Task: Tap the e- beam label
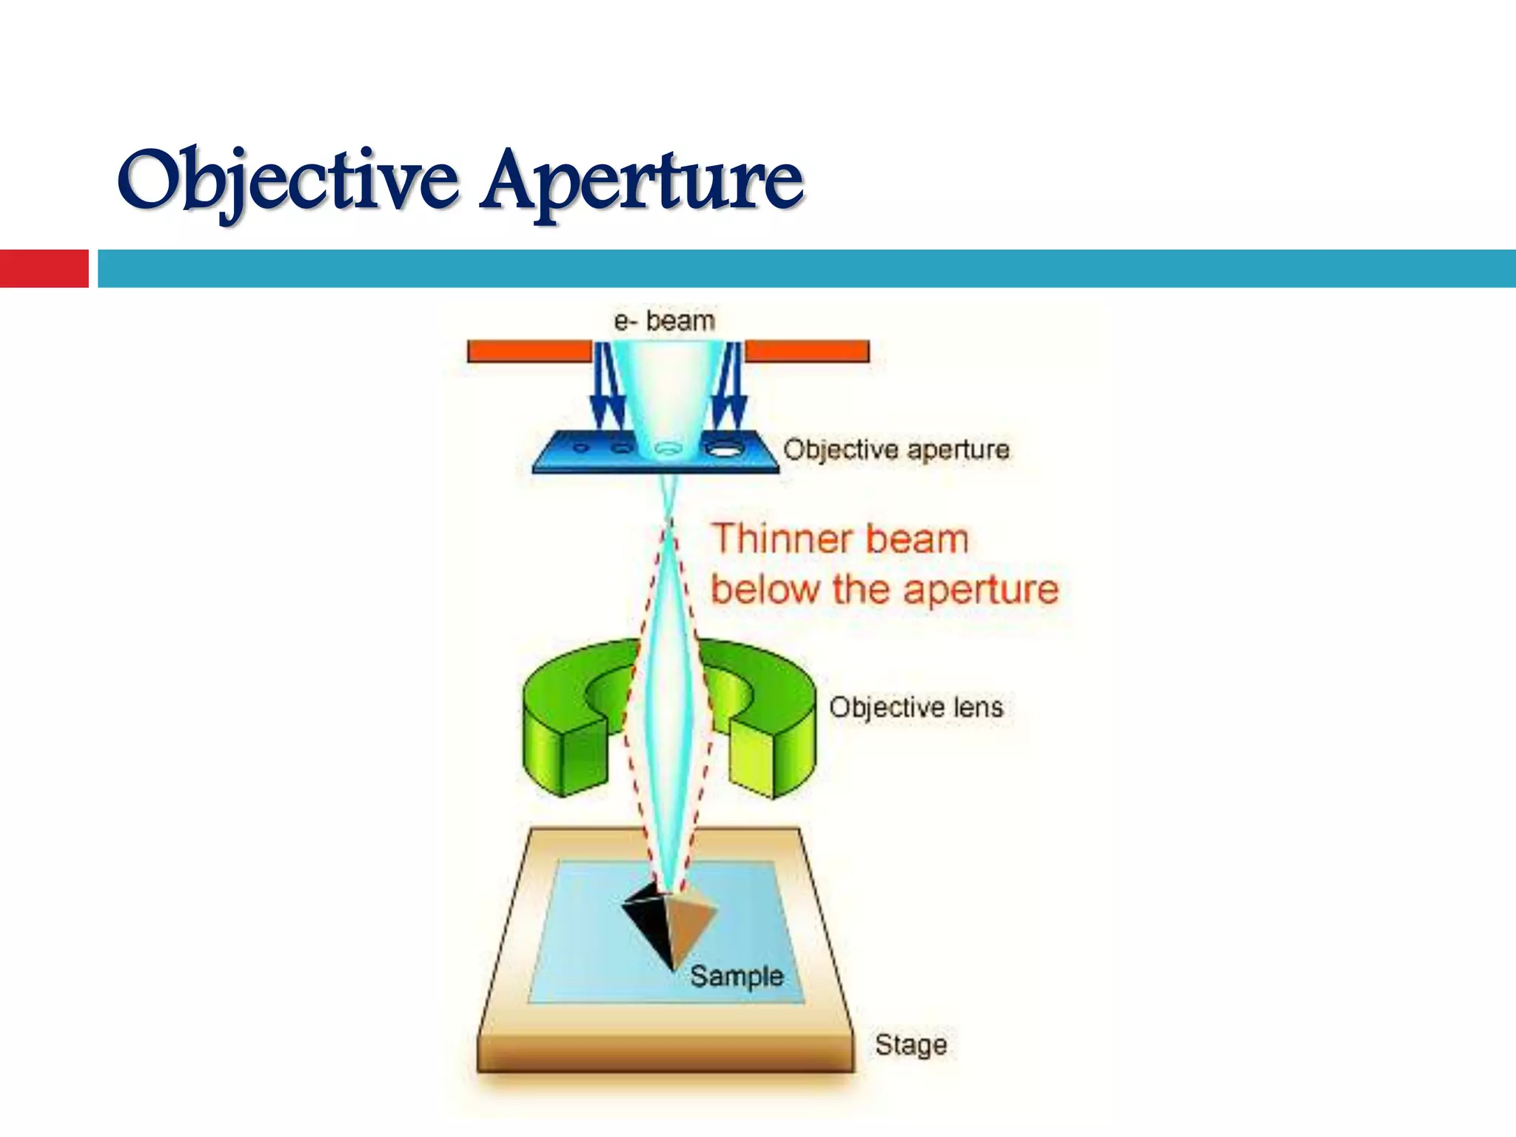(664, 321)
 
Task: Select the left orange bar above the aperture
(529, 351)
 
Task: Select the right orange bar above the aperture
(807, 351)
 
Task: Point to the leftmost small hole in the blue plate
(581, 447)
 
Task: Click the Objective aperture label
(896, 449)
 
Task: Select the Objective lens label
(916, 707)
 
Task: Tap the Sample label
(737, 976)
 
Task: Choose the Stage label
(910, 1044)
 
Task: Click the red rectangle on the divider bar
(44, 268)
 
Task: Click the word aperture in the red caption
(981, 590)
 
